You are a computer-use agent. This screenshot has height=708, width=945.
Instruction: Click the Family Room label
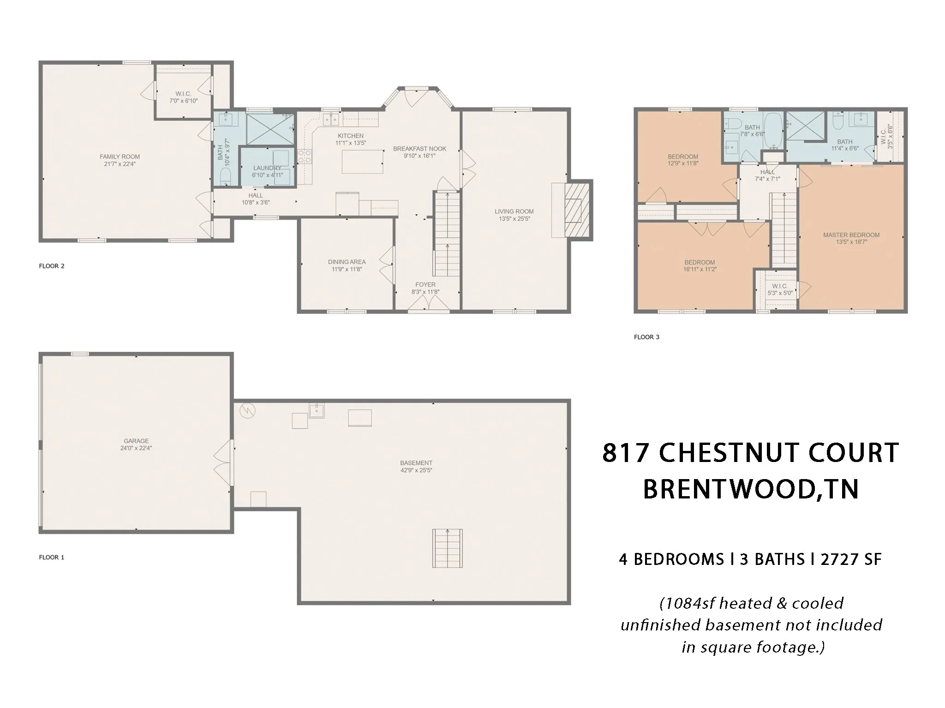pyautogui.click(x=120, y=156)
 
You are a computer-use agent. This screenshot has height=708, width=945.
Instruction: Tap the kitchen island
pyautogui.click(x=362, y=162)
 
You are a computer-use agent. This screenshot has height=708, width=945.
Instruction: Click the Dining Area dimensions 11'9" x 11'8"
pyautogui.click(x=347, y=269)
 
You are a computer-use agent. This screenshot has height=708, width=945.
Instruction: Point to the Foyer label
pyautogui.click(x=425, y=285)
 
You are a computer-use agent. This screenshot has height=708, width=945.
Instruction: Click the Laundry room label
pyautogui.click(x=267, y=168)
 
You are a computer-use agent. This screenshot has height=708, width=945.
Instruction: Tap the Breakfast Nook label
pyautogui.click(x=420, y=149)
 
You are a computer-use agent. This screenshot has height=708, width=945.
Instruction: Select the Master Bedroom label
pyautogui.click(x=851, y=235)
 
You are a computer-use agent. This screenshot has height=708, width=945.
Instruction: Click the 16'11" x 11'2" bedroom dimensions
pyautogui.click(x=700, y=269)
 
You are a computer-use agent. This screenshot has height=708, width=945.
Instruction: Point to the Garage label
pyautogui.click(x=136, y=441)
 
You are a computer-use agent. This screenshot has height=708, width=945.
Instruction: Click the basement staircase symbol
pyautogui.click(x=447, y=548)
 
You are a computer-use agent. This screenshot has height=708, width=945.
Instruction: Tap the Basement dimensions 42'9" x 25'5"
pyautogui.click(x=416, y=470)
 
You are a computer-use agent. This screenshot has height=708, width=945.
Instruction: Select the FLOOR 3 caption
pyautogui.click(x=646, y=337)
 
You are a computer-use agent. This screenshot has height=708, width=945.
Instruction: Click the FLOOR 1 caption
pyautogui.click(x=52, y=557)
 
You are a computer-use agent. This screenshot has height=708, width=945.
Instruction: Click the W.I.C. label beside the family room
pyautogui.click(x=183, y=94)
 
